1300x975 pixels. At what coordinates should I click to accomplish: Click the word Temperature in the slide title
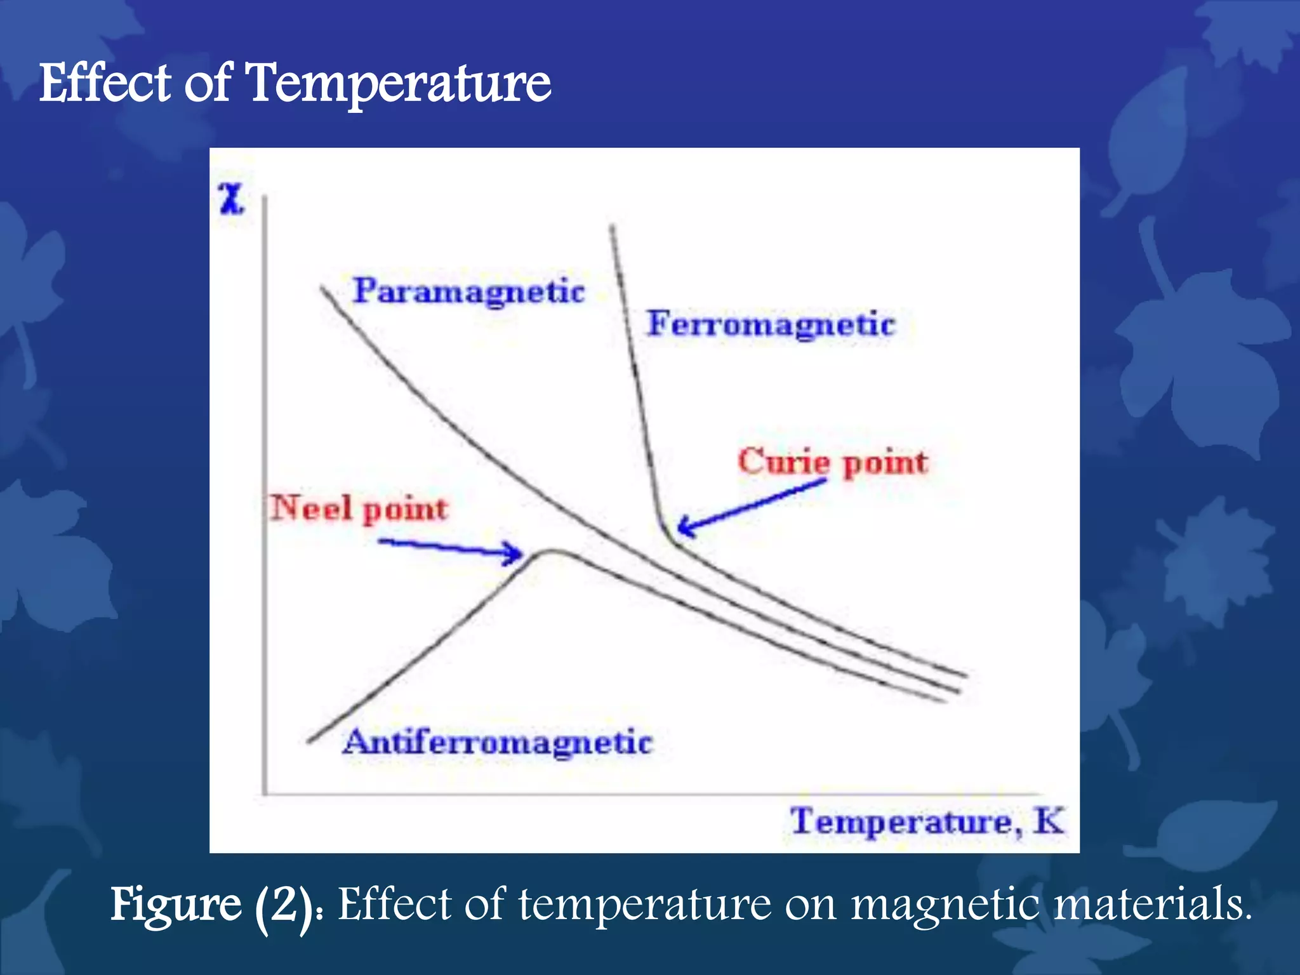pos(399,84)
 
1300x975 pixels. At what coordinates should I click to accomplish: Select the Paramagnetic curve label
pos(468,292)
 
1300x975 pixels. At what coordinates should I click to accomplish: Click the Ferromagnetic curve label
pos(771,324)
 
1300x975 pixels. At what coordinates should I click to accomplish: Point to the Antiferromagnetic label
pos(498,742)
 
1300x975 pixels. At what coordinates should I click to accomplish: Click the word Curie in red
pos(783,461)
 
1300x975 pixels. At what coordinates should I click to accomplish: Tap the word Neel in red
pos(310,508)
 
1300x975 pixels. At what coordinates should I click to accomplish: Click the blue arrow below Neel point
pos(451,547)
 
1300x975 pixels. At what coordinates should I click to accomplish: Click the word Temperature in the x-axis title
pos(906,822)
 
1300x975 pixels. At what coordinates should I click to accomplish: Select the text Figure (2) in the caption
pos(213,905)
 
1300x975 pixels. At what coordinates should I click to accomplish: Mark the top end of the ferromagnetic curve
pos(612,227)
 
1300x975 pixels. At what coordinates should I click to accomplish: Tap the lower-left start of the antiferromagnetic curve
pos(309,741)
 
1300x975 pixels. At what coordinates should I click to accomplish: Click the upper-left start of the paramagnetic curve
pos(322,288)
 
